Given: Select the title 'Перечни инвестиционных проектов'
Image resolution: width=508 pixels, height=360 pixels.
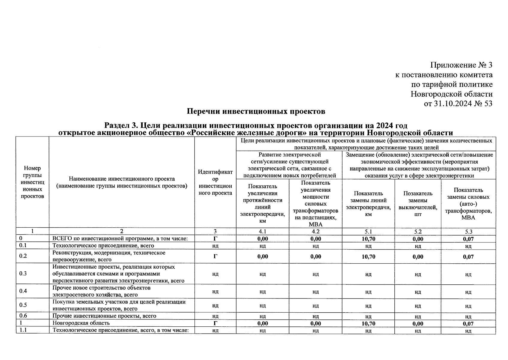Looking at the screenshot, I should point(256,112).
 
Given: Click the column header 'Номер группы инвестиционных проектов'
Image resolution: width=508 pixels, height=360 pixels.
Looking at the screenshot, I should point(32,182).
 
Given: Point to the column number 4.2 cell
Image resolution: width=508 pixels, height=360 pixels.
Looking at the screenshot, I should point(315,232).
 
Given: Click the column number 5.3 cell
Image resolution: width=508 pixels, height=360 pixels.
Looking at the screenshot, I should point(468,232).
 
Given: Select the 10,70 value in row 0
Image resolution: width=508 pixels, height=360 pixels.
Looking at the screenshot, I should point(368,239).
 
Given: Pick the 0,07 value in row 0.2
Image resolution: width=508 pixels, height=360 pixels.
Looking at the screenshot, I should point(468,256).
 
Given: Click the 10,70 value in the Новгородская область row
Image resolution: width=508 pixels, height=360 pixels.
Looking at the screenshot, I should point(368,324).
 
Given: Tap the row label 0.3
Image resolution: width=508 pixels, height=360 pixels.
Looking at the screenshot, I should point(23,274).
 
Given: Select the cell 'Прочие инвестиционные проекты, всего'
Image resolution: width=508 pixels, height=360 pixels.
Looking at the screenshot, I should point(104,316).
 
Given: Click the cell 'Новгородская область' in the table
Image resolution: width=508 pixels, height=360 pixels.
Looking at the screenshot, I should point(81,323).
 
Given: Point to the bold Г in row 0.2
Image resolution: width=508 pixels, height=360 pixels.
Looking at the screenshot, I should point(215,256).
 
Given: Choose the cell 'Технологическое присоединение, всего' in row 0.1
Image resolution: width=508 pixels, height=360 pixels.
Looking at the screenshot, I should point(103,246).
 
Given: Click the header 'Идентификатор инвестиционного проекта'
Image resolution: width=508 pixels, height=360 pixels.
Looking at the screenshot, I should point(215,182).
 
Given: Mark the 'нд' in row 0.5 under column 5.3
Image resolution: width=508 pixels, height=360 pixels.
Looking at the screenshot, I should point(468,306).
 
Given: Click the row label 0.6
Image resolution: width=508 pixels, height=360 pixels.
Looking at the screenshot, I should point(23,316).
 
